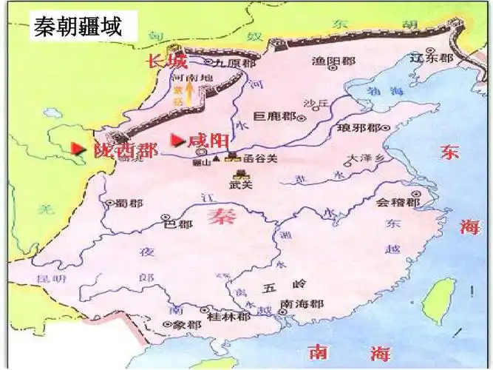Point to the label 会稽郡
(x=398, y=202)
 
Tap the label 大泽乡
(x=365, y=158)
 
